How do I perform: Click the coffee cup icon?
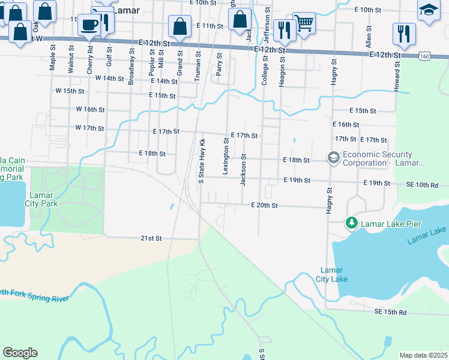pyautogui.click(x=89, y=25)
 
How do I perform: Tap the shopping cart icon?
pyautogui.click(x=304, y=23)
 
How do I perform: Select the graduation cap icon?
pyautogui.click(x=429, y=10)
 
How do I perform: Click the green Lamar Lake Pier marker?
pyautogui.click(x=351, y=224)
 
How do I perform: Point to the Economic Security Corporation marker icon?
pyautogui.click(x=333, y=158)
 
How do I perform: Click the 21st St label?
pyautogui.click(x=151, y=238)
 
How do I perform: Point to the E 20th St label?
pyautogui.click(x=264, y=205)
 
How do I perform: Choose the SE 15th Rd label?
pyautogui.click(x=390, y=312)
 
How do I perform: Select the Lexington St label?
pyautogui.click(x=226, y=157)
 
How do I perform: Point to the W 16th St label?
pyautogui.click(x=90, y=110)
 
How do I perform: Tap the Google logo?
pyautogui.click(x=20, y=353)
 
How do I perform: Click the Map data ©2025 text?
pyautogui.click(x=423, y=355)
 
